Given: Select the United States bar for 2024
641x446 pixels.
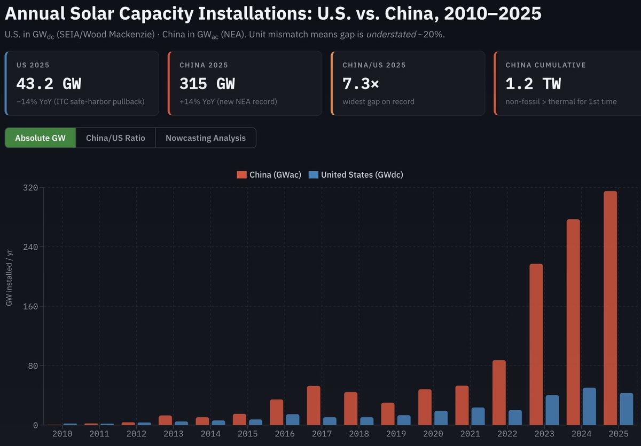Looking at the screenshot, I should tap(589, 407).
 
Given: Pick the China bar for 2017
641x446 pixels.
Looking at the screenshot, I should tap(314, 405).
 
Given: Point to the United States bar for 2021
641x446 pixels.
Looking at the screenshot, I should tap(478, 416).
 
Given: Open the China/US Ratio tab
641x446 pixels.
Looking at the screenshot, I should tap(115, 138).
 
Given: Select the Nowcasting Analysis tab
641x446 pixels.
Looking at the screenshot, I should tap(206, 138).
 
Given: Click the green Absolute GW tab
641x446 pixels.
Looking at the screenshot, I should tap(41, 138).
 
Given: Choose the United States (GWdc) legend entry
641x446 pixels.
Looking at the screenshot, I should tap(356, 174).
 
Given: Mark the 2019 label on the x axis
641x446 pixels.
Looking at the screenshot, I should tap(395, 434).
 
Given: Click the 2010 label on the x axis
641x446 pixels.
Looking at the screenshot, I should tap(62, 434).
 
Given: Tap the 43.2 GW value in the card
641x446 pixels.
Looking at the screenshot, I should tap(49, 84).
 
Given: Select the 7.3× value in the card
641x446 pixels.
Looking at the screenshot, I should tap(361, 84).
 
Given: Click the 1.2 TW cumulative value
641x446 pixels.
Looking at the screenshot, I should tap(533, 84).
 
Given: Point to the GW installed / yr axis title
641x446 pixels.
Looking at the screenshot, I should tap(9, 277).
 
